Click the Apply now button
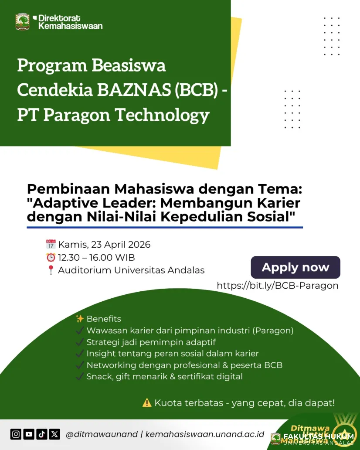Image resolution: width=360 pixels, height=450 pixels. click(x=295, y=267)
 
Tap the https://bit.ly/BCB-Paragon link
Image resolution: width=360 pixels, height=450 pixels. click(x=278, y=286)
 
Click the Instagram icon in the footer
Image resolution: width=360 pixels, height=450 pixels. click(x=16, y=434)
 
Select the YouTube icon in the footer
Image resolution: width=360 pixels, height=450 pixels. click(x=29, y=434)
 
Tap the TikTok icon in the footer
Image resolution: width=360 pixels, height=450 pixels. click(x=42, y=434)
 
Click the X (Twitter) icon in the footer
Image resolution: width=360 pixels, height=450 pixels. click(x=54, y=434)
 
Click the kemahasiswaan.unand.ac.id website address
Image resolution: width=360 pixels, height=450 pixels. click(x=205, y=434)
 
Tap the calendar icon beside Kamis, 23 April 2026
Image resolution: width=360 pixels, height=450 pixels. click(x=51, y=244)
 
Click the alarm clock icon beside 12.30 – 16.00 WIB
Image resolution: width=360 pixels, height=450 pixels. click(x=51, y=257)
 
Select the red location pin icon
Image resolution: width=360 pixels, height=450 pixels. click(x=51, y=270)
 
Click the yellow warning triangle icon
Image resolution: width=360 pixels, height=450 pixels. click(x=147, y=403)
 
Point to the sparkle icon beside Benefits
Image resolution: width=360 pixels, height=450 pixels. click(x=80, y=319)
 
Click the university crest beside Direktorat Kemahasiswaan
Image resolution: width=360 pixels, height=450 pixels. click(x=23, y=22)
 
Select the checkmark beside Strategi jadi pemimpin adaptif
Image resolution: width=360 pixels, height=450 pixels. click(x=80, y=342)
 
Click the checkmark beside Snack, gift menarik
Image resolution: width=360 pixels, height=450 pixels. click(x=80, y=376)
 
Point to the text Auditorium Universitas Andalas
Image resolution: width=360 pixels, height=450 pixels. click(x=131, y=270)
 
